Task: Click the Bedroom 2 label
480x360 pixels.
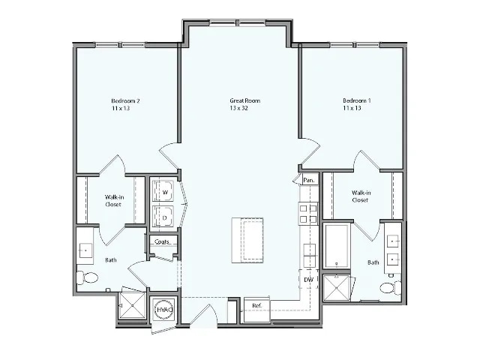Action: [x=126, y=100]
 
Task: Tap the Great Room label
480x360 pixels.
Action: [x=244, y=100]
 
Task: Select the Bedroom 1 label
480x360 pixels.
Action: [x=357, y=100]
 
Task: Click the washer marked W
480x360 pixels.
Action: [x=164, y=192]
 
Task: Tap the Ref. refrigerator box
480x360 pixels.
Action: [x=256, y=306]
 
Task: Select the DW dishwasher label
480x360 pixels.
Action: [x=308, y=280]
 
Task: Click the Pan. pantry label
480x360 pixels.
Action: [x=308, y=180]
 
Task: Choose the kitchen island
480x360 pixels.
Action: [x=247, y=239]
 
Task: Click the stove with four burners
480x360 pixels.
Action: [x=308, y=214]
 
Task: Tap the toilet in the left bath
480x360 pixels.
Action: [x=87, y=278]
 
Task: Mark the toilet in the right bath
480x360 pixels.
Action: [x=387, y=287]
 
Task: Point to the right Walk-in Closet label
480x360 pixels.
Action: [x=361, y=196]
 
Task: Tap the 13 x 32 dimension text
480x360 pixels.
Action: [x=244, y=109]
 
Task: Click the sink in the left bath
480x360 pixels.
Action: [x=85, y=250]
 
